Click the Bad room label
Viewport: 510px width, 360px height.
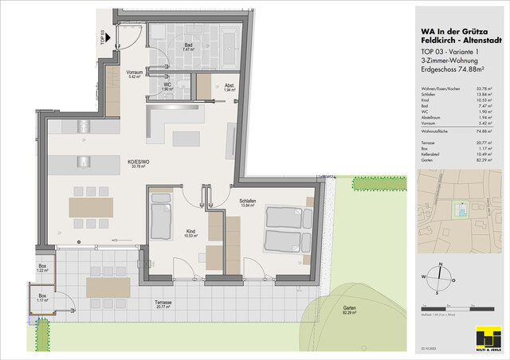click(189, 47)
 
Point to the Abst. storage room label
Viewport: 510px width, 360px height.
click(229, 88)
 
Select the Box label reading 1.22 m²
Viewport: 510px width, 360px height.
click(42, 268)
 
